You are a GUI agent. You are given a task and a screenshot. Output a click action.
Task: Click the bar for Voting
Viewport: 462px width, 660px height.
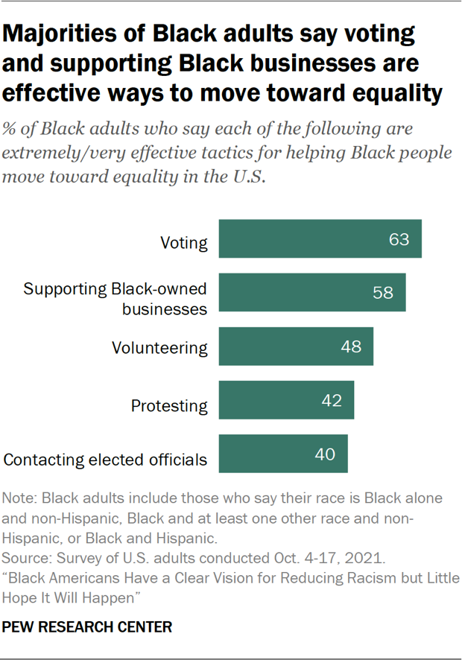pyautogui.click(x=320, y=239)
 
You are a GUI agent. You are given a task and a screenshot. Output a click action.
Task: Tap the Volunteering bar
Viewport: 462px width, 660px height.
pyautogui.click(x=295, y=346)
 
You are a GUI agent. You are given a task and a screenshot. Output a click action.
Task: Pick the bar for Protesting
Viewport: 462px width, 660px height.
pyautogui.click(x=285, y=401)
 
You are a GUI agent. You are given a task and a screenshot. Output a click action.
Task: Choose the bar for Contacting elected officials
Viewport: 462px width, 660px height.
pyautogui.click(x=282, y=454)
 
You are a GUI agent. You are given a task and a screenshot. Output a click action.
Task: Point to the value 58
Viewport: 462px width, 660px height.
pyautogui.click(x=383, y=293)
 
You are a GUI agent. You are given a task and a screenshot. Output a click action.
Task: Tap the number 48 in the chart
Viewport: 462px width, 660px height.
pyautogui.click(x=351, y=346)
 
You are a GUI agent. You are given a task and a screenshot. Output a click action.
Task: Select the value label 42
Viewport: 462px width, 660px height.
pyautogui.click(x=332, y=401)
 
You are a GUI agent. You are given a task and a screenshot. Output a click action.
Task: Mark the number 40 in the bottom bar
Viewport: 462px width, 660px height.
pyautogui.click(x=325, y=454)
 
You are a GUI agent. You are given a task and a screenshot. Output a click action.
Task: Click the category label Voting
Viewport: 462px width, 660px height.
pyautogui.click(x=184, y=243)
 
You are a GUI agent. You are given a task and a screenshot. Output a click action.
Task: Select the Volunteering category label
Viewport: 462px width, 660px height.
pyautogui.click(x=159, y=348)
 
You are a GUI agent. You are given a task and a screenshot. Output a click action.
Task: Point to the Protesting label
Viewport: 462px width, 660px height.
pyautogui.click(x=169, y=406)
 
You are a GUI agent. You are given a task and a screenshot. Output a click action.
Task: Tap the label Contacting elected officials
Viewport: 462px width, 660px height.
pyautogui.click(x=105, y=460)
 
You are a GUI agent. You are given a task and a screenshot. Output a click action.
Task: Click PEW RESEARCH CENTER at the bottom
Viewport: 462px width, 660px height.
pyautogui.click(x=88, y=627)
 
